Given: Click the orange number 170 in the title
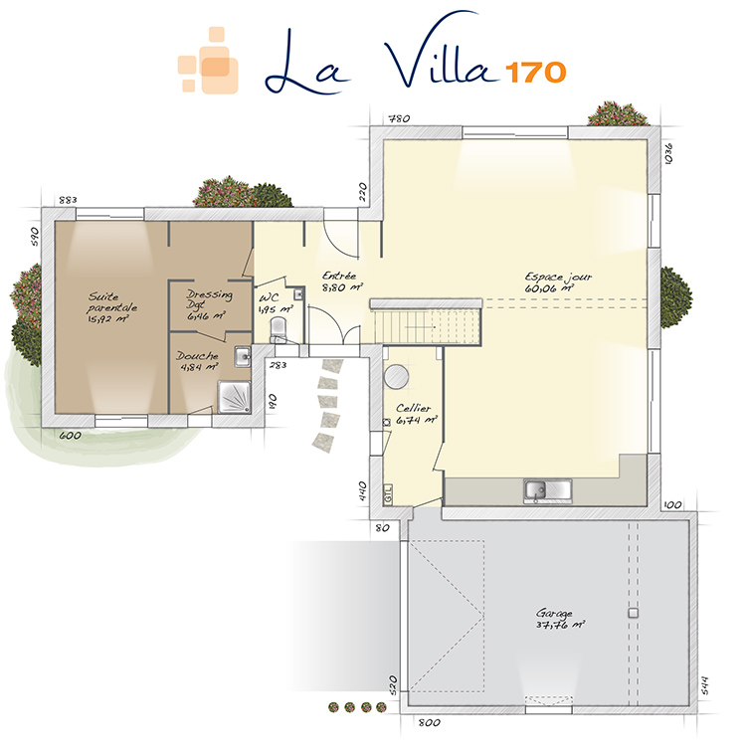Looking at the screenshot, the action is pyautogui.click(x=535, y=73).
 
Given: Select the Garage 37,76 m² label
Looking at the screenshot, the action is pyautogui.click(x=560, y=619).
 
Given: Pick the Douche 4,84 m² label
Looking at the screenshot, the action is pyautogui.click(x=197, y=361).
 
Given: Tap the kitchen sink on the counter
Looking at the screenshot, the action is pyautogui.click(x=547, y=491).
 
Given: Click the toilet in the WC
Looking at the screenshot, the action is pyautogui.click(x=278, y=327).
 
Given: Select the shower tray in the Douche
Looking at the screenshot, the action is pyautogui.click(x=234, y=397).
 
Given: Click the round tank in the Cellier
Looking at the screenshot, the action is pyautogui.click(x=396, y=376).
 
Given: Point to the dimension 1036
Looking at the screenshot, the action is pyautogui.click(x=668, y=153).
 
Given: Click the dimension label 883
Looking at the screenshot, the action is pyautogui.click(x=68, y=200).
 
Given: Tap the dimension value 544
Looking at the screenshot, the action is pyautogui.click(x=704, y=685).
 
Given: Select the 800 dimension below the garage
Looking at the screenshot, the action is pyautogui.click(x=429, y=722).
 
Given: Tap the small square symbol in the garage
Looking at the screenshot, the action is pyautogui.click(x=633, y=613).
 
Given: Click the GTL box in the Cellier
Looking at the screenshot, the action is pyautogui.click(x=388, y=494).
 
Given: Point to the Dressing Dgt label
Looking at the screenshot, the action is pyautogui.click(x=208, y=304).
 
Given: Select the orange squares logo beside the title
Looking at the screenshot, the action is pyautogui.click(x=208, y=60).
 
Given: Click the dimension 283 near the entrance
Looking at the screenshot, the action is pyautogui.click(x=278, y=365).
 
